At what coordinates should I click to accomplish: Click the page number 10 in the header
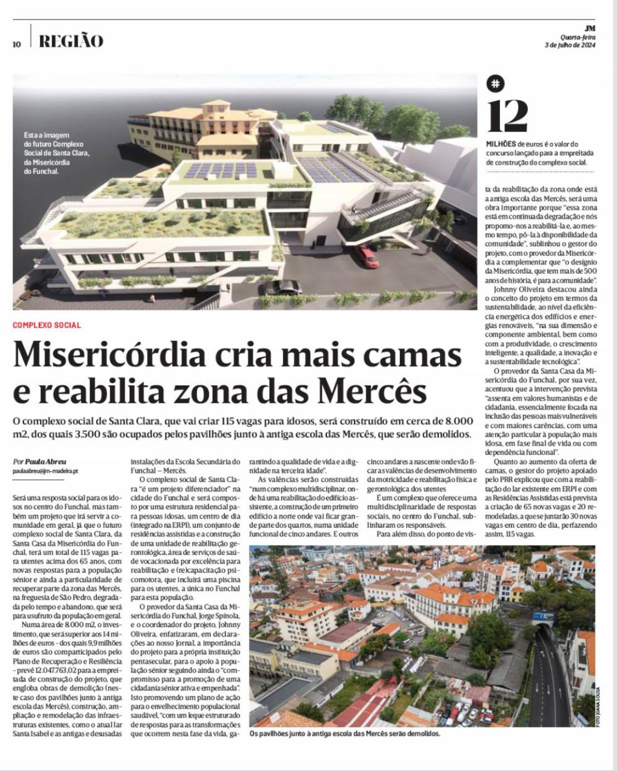pyautogui.click(x=17, y=44)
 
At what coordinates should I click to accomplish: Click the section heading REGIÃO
pyautogui.click(x=71, y=41)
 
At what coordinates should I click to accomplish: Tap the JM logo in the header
pyautogui.click(x=590, y=28)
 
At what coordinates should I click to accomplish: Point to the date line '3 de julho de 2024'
pyautogui.click(x=570, y=46)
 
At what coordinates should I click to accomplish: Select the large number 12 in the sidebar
pyautogui.click(x=507, y=116)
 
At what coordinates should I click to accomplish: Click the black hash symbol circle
pyautogui.click(x=495, y=84)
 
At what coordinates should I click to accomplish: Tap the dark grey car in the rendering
pyautogui.click(x=280, y=287)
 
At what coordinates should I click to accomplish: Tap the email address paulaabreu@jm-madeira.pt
pyautogui.click(x=45, y=471)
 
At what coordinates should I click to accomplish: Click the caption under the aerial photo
pyautogui.click(x=345, y=734)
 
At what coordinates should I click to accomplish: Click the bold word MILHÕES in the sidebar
pyautogui.click(x=501, y=144)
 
